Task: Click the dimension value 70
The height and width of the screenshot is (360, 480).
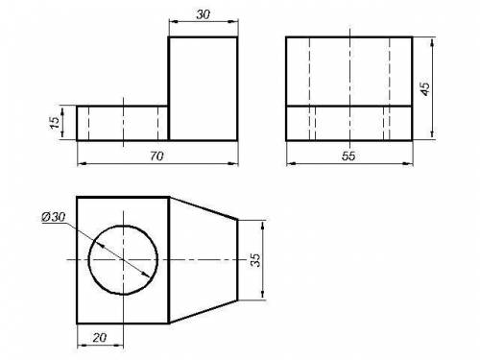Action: click(x=156, y=156)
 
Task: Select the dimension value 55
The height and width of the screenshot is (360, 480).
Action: click(x=348, y=156)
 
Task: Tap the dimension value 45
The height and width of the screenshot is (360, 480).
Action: click(x=425, y=88)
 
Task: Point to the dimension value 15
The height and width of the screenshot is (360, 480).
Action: click(x=55, y=123)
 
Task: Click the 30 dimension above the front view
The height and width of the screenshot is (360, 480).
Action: click(x=204, y=14)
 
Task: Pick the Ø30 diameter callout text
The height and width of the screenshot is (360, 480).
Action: click(x=54, y=217)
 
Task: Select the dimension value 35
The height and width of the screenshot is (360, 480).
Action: click(x=255, y=260)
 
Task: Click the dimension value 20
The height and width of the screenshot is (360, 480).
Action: click(x=100, y=337)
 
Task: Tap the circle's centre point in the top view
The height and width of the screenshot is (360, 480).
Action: click(x=123, y=259)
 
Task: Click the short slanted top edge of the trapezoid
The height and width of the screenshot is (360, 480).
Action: click(x=204, y=208)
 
